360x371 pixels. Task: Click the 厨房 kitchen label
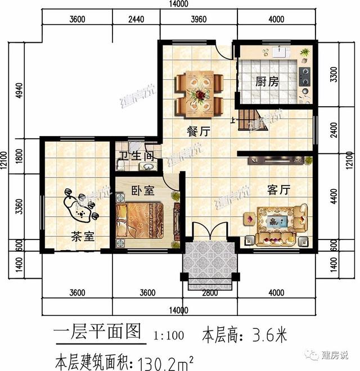pos(267,82)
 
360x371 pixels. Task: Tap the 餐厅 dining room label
pos(199,132)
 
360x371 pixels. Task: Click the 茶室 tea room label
pos(83,237)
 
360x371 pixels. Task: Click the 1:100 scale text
pos(168,336)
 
